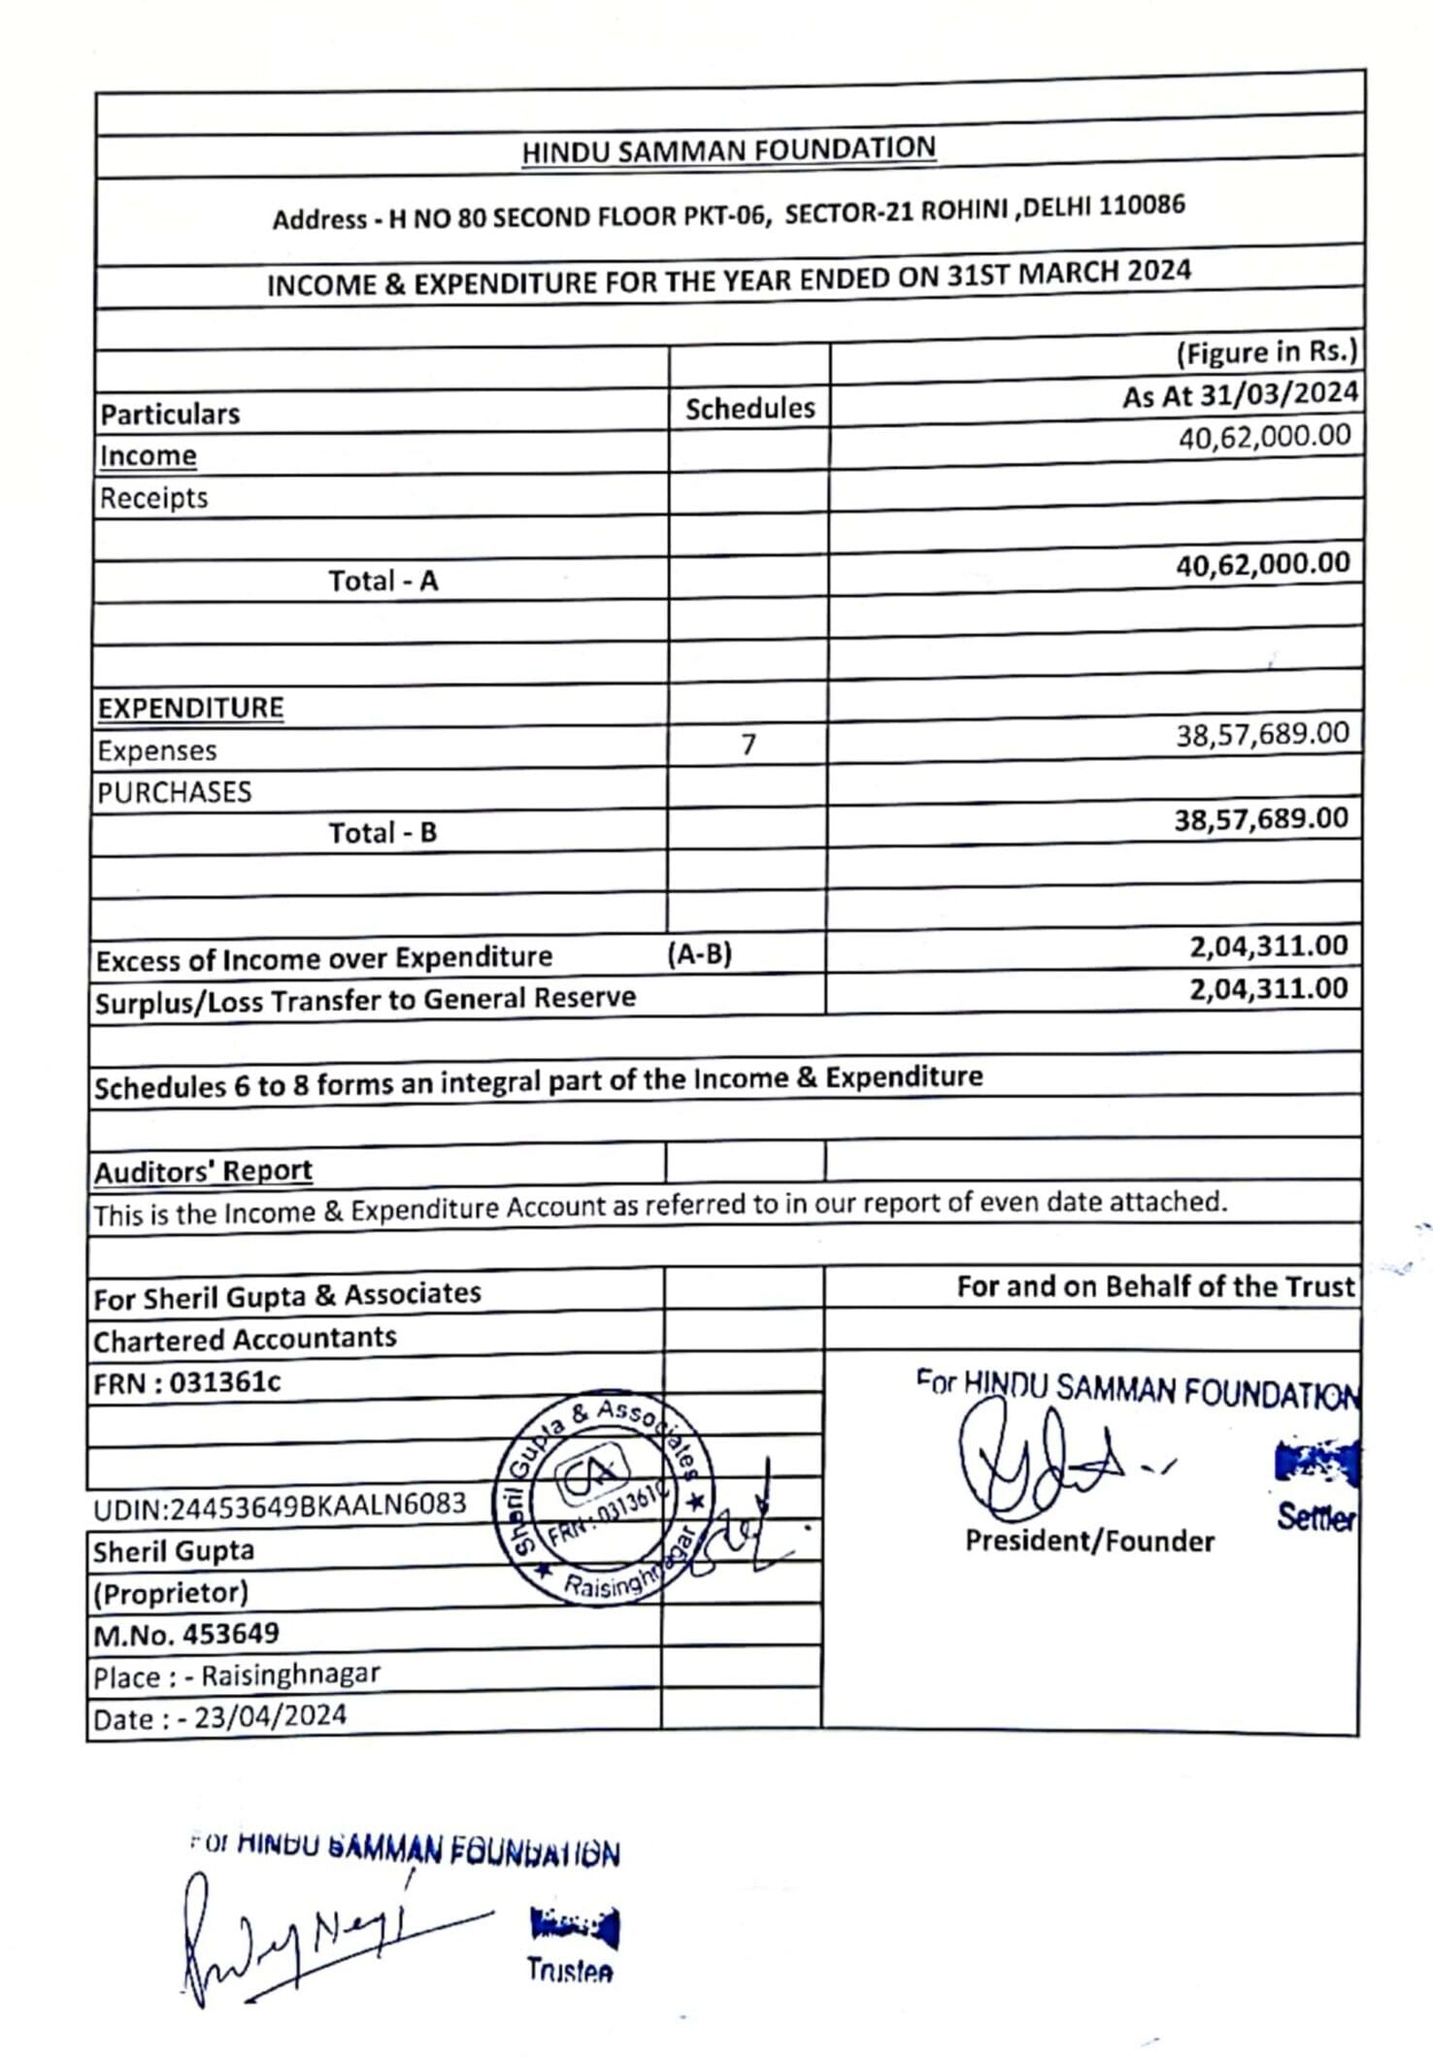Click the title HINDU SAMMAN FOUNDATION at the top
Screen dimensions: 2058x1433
pyautogui.click(x=728, y=150)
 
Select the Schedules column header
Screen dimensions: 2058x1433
pyautogui.click(x=750, y=409)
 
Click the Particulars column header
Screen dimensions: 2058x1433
pyautogui.click(x=170, y=415)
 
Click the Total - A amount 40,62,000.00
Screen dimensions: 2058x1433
pyautogui.click(x=1262, y=564)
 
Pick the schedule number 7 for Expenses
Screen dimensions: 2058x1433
pyautogui.click(x=749, y=745)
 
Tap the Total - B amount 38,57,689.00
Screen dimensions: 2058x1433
pyautogui.click(x=1261, y=819)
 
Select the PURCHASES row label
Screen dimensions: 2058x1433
pyautogui.click(x=175, y=792)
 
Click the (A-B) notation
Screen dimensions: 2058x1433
pyautogui.click(x=699, y=955)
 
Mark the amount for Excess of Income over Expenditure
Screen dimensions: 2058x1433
pyautogui.click(x=1268, y=946)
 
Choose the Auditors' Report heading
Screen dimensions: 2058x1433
pyautogui.click(x=203, y=1172)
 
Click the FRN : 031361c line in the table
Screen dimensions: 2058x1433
pyautogui.click(x=187, y=1382)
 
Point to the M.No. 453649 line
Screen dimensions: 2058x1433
pyautogui.click(x=186, y=1634)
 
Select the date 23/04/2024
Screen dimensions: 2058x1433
pyautogui.click(x=270, y=1716)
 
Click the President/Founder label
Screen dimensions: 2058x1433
pyautogui.click(x=1089, y=1542)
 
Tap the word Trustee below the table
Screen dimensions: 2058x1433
pyautogui.click(x=569, y=1970)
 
